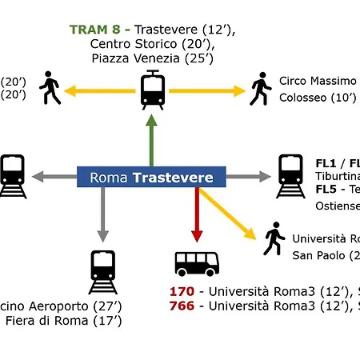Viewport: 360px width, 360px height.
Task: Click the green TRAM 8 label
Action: pyautogui.click(x=98, y=30)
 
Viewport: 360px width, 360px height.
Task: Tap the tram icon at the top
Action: pyautogui.click(x=151, y=90)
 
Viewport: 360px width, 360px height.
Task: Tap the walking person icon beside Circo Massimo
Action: pyautogui.click(x=260, y=89)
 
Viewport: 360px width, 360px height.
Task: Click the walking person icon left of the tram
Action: pyautogui.click(x=50, y=88)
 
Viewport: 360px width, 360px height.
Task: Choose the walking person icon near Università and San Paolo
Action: pyautogui.click(x=274, y=239)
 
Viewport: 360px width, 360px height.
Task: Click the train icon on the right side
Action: pyautogui.click(x=290, y=175)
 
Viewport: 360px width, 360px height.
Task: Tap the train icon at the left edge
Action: pyautogui.click(x=11, y=175)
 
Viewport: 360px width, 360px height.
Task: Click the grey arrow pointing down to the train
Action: pyautogui.click(x=102, y=212)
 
